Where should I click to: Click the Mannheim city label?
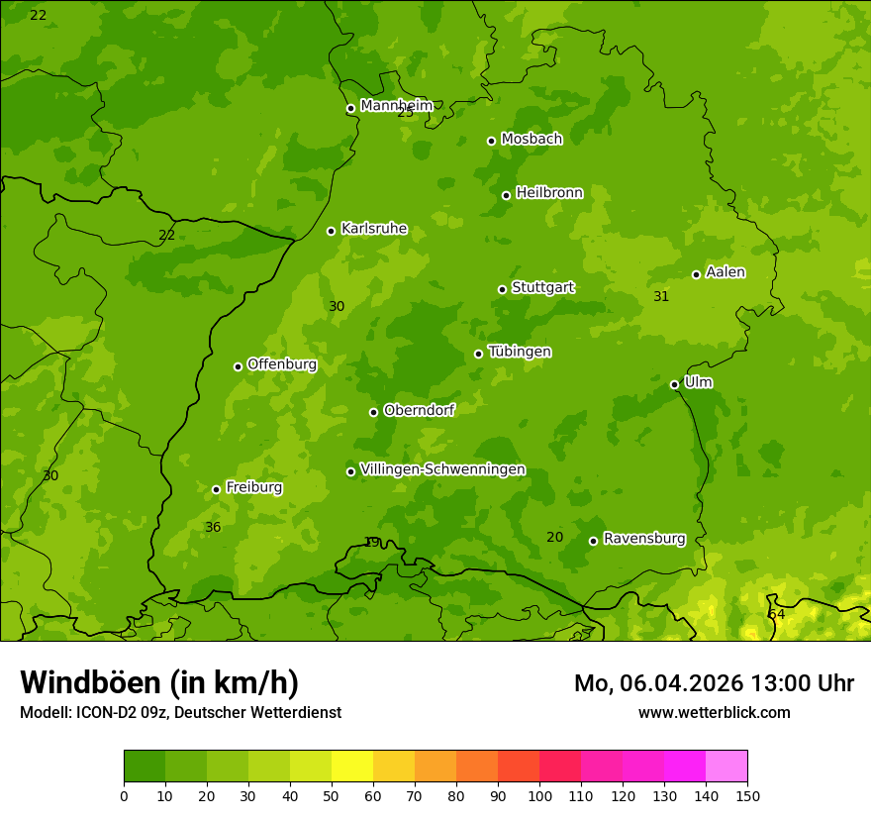[x=396, y=106]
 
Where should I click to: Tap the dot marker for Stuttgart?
[x=502, y=289]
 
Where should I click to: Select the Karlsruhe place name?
[x=373, y=229]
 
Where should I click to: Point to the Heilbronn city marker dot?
[x=506, y=195]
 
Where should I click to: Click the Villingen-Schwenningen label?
[x=442, y=469]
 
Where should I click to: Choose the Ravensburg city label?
[x=643, y=539]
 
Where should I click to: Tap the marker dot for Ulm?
[x=674, y=384]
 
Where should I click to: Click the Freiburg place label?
[x=253, y=487]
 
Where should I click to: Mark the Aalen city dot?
[x=696, y=274]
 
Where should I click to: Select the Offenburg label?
[x=281, y=364]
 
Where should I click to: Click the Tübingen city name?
[x=519, y=352]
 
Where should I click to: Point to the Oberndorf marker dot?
[x=373, y=412]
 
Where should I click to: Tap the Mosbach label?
[x=531, y=139]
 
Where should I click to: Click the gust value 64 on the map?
[x=776, y=615]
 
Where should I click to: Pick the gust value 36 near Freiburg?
[x=213, y=528]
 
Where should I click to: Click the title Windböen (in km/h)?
[x=159, y=682]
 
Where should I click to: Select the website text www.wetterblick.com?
[x=714, y=712]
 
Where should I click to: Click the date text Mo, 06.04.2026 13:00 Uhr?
[x=714, y=683]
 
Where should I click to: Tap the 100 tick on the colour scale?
[x=539, y=795]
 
